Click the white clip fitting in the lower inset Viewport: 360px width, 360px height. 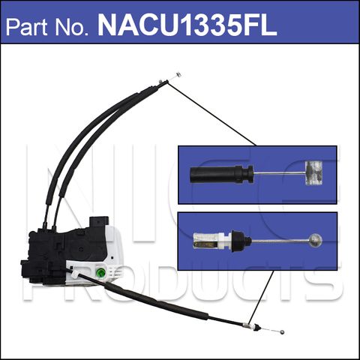click(x=208, y=242)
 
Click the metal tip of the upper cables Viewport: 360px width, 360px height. click(x=175, y=76)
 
